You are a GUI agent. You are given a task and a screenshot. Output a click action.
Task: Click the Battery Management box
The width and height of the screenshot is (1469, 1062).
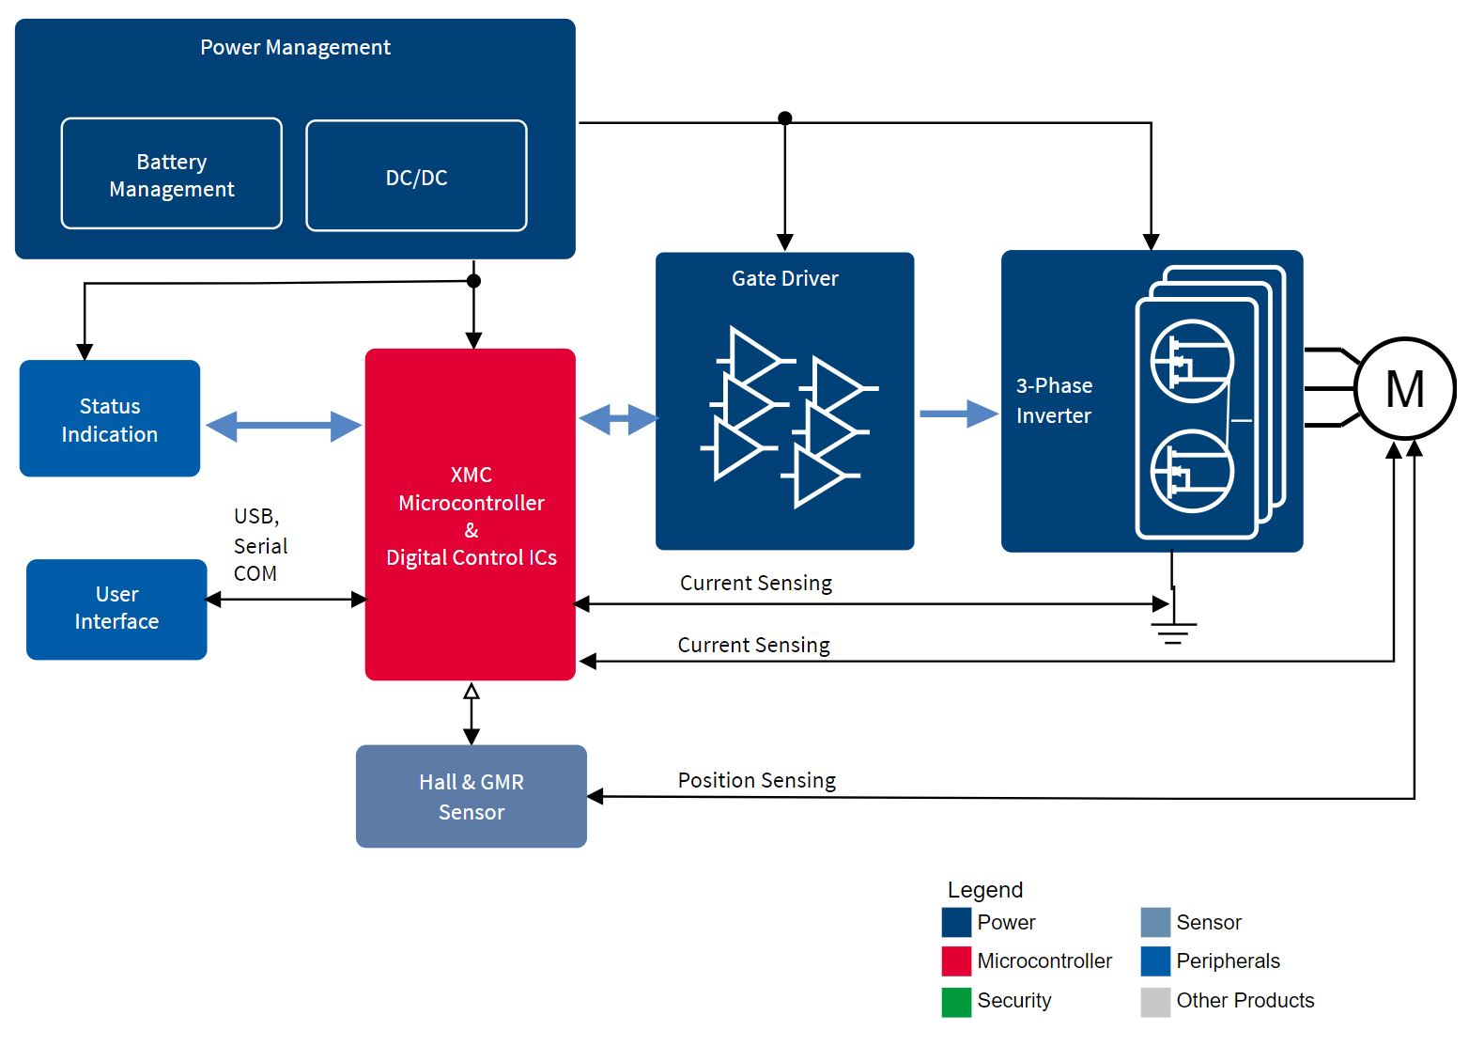(x=171, y=174)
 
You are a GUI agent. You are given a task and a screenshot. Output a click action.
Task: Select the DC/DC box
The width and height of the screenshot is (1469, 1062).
(x=416, y=177)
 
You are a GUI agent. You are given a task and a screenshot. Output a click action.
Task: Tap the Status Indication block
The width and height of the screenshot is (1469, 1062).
(x=109, y=419)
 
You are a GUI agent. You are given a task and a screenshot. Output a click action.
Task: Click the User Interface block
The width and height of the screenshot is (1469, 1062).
(x=116, y=609)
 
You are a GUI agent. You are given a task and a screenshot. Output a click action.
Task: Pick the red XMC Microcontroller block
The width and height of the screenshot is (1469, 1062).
(x=470, y=515)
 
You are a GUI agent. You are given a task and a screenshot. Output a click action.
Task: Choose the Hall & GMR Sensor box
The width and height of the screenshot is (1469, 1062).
(x=471, y=797)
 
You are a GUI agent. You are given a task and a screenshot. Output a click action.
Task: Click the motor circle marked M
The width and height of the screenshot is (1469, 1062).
(x=1404, y=388)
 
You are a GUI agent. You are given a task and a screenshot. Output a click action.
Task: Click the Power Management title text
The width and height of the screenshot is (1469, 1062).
(x=295, y=47)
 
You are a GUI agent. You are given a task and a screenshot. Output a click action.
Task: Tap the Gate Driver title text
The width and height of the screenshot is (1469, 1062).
(x=784, y=278)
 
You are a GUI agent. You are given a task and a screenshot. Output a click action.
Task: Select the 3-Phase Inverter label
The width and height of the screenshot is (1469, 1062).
(x=1054, y=400)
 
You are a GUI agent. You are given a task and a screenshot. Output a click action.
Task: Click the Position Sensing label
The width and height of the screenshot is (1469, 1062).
(x=756, y=780)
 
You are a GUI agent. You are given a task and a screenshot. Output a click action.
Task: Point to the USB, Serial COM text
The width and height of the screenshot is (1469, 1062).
(x=259, y=545)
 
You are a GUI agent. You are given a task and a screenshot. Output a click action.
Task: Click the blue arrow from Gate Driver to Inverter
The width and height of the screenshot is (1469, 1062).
(x=957, y=414)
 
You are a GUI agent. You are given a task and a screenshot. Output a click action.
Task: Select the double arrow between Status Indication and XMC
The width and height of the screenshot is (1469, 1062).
(x=283, y=426)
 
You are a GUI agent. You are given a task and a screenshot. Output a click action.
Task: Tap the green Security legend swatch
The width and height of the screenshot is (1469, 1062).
(x=956, y=1002)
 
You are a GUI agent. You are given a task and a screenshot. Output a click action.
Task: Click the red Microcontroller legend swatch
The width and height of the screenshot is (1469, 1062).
(x=956, y=961)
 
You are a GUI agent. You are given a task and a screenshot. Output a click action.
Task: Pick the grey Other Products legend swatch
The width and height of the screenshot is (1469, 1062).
(x=1155, y=1002)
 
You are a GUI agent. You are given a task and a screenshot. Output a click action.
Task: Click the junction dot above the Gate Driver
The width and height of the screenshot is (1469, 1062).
(x=785, y=117)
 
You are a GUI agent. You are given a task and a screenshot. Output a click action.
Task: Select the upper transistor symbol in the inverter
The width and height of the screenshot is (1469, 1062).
(x=1191, y=361)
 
